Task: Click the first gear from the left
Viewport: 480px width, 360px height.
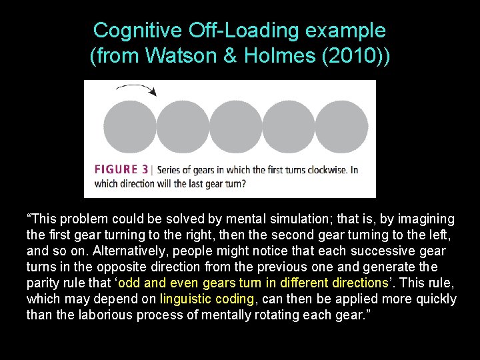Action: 129,127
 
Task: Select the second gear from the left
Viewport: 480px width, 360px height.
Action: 182,127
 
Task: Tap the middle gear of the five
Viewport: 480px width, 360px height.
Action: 235,127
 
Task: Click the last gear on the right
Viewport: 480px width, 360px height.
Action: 341,127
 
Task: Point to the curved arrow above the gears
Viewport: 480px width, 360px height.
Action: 136,89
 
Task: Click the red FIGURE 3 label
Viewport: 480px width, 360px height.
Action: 121,169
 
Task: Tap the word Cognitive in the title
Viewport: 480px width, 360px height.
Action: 137,31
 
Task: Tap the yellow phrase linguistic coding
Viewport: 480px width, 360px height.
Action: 207,299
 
